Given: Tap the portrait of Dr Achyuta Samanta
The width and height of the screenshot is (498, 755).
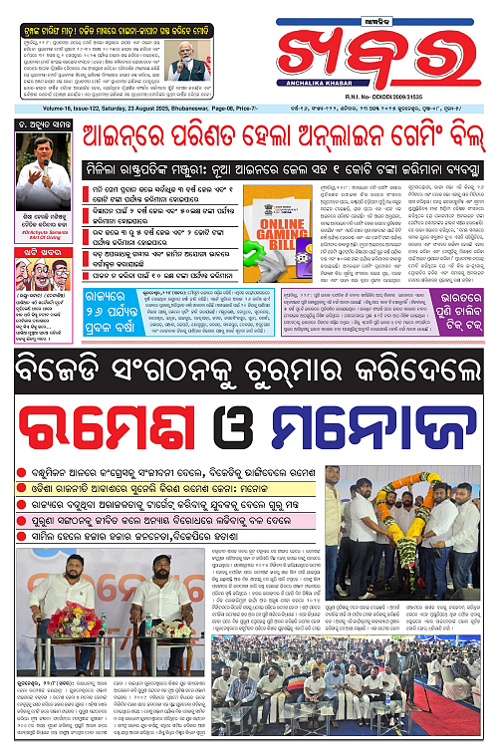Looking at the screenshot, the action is (43, 169).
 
